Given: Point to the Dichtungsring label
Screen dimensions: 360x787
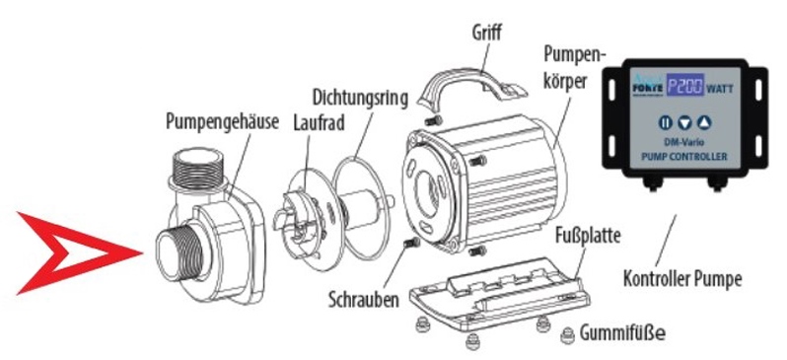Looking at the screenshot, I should [x=359, y=98].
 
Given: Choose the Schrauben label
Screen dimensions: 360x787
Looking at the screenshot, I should [x=362, y=297].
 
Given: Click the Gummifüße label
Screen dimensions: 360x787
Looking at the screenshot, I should [x=623, y=334].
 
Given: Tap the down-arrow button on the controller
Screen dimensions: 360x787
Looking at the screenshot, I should [x=684, y=123].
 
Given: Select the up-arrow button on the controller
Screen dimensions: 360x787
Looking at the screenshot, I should [x=703, y=123].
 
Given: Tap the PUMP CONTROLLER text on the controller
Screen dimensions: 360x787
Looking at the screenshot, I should [x=684, y=157].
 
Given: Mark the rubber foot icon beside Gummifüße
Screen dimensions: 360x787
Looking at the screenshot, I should [x=568, y=335].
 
